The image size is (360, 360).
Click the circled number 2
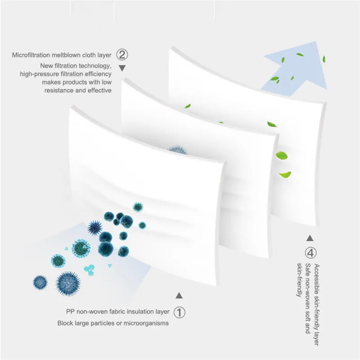(x=122, y=55)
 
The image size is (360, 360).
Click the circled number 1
(x=179, y=312)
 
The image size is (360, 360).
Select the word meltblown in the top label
(x=67, y=56)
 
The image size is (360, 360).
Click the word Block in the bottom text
(x=65, y=323)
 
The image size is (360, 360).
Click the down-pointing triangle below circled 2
(x=122, y=68)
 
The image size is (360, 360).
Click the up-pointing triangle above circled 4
(x=310, y=238)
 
